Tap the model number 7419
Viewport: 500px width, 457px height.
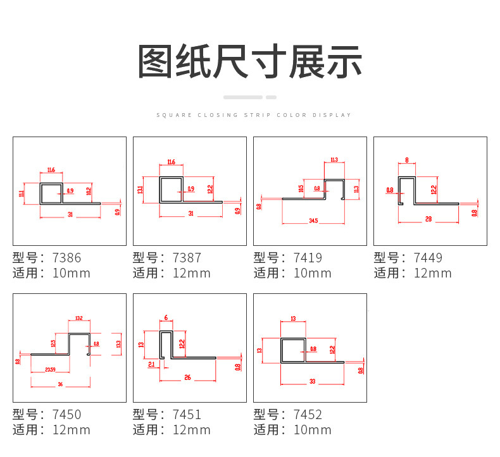308,258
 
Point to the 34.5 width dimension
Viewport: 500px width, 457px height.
313,221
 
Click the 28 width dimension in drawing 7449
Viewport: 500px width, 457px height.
428,219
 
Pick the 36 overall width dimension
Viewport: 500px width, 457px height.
60,384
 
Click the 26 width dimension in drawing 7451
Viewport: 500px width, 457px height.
188,378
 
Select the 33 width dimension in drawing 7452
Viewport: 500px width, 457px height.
312,381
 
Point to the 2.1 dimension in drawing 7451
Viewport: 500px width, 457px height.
151,365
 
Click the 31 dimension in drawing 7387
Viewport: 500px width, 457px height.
191,214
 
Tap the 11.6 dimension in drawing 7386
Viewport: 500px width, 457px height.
51,169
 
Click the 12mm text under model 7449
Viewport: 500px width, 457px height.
433,274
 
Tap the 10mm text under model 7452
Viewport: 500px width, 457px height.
313,430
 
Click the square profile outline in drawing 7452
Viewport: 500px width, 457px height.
292,350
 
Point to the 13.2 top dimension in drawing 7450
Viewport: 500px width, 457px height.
79,318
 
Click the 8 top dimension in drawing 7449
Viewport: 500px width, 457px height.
406,160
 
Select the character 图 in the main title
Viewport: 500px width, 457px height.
157,62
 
